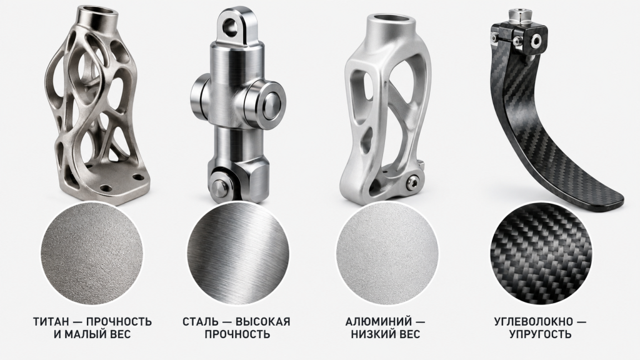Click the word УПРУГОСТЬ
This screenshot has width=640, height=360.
click(x=540, y=334)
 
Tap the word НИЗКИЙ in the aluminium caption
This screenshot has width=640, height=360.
click(x=371, y=334)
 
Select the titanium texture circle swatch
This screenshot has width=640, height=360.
click(x=92, y=253)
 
